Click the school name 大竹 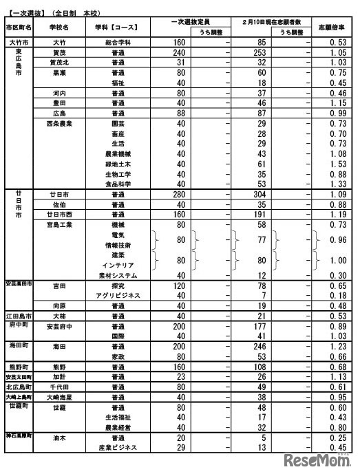click(x=59, y=41)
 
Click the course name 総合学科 click(x=118, y=41)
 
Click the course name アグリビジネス click(x=118, y=295)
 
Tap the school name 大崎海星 click(x=59, y=397)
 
